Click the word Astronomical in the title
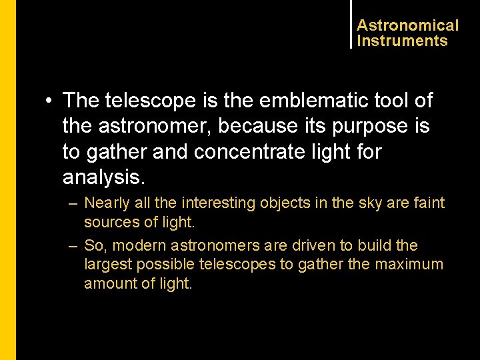click(407, 25)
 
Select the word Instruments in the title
click(402, 41)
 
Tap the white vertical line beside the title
click(351, 24)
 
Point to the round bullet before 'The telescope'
click(49, 101)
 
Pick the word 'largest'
click(108, 264)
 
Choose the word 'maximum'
click(409, 264)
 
